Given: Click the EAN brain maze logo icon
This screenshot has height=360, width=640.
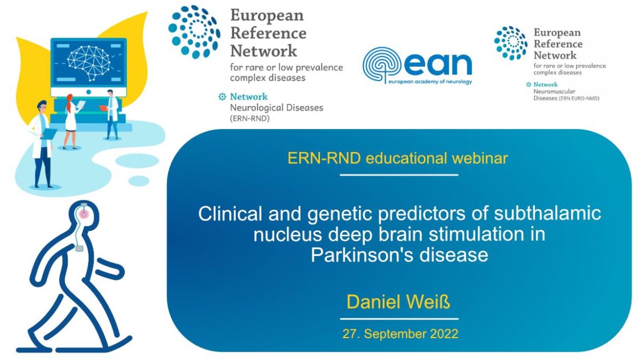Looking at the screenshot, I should point(381,65).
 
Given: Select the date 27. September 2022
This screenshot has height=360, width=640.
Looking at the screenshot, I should point(400,333).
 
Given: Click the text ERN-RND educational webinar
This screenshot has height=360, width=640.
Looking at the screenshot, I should point(398,159).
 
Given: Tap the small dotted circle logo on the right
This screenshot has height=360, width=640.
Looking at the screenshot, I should point(511,43).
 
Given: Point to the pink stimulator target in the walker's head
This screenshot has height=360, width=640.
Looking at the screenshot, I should point(83,213).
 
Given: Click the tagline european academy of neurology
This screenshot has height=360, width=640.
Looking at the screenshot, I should point(429,82).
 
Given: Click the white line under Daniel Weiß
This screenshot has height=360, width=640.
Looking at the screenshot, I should point(399,318).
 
